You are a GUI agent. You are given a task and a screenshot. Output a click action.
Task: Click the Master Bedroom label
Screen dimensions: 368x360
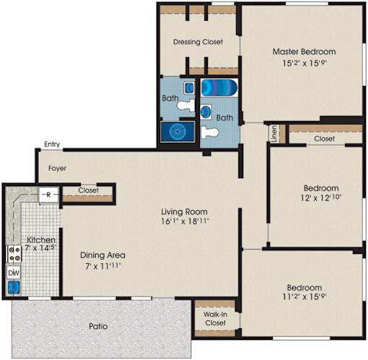(x=304, y=51)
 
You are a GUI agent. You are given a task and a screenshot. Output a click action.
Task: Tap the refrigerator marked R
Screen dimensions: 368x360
(x=49, y=195)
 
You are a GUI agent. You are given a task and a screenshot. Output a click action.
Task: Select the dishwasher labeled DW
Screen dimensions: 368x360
(x=14, y=273)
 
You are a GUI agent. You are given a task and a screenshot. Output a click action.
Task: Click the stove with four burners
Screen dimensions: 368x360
(x=14, y=254)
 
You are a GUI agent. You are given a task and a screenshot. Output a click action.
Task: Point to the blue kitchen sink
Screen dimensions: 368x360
(x=14, y=287)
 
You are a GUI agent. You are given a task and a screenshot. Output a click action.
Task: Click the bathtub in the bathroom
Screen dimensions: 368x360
(x=219, y=88)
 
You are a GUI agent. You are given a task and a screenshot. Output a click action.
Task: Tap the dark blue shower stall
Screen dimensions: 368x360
(x=178, y=131)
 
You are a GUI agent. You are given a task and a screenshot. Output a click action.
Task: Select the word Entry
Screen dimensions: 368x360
(x=52, y=144)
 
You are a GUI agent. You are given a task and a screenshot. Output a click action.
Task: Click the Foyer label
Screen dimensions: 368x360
(x=57, y=168)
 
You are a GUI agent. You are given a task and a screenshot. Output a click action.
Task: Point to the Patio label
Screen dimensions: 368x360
(x=98, y=326)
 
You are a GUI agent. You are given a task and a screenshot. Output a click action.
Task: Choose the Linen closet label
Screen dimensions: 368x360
(x=274, y=133)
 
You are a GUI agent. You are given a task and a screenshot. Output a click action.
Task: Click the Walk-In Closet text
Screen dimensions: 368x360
(x=215, y=318)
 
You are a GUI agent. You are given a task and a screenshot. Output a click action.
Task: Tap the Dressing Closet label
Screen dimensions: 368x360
(x=198, y=42)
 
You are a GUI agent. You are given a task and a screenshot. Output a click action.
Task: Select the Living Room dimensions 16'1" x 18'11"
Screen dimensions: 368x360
(x=185, y=221)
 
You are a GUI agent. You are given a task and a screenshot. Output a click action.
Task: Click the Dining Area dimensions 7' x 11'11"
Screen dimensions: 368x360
(x=102, y=266)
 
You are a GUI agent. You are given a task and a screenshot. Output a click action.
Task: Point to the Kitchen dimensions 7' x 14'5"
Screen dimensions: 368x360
(x=40, y=247)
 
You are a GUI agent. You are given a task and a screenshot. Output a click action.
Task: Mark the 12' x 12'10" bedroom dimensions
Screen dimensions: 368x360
(x=321, y=198)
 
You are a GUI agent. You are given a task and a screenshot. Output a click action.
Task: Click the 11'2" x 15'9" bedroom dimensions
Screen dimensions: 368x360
(x=305, y=297)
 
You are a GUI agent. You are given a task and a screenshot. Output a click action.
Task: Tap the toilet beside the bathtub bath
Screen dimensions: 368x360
(x=210, y=133)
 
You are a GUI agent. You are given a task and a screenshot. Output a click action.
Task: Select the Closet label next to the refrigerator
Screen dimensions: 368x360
(x=88, y=190)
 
